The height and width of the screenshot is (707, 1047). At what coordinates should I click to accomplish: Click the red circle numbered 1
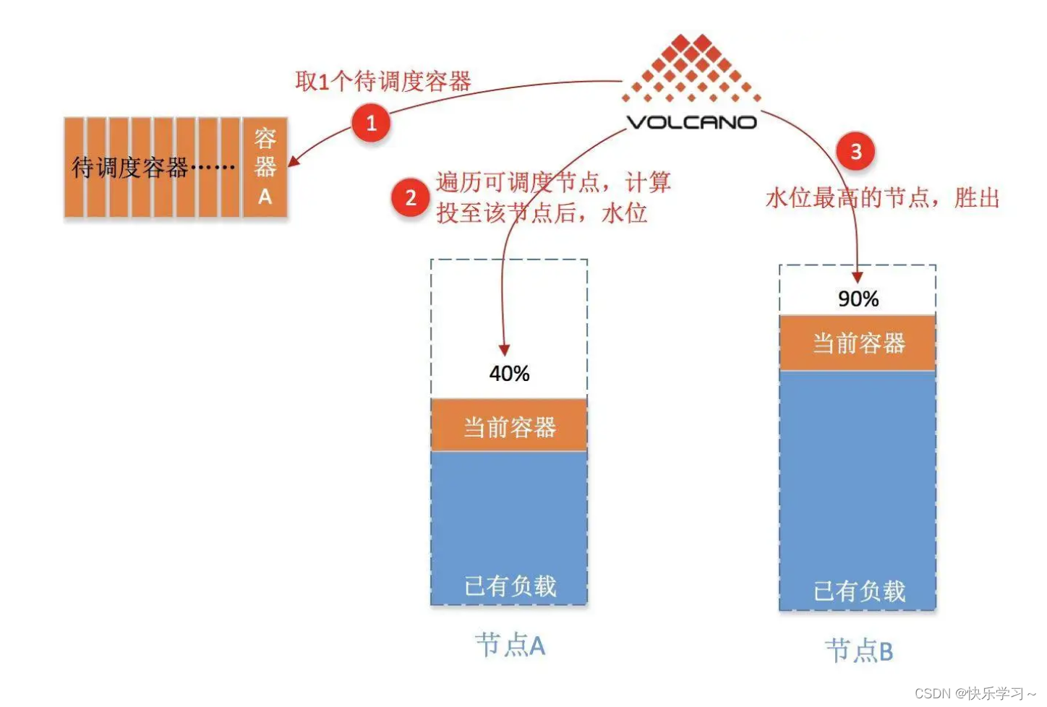click(371, 123)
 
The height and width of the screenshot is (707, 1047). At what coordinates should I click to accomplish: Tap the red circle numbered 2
click(411, 197)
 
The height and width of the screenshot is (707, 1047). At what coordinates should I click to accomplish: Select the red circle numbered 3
click(855, 152)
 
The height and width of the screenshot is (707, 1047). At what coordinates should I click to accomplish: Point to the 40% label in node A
click(509, 374)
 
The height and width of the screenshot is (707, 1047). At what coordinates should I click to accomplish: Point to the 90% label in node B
click(858, 299)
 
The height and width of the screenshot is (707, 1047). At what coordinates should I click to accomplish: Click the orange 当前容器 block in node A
click(509, 426)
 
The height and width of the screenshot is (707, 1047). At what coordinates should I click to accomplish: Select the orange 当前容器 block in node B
click(858, 343)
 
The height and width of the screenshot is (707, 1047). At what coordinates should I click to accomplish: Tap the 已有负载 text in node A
click(510, 586)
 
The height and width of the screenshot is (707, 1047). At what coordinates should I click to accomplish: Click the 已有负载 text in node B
click(859, 591)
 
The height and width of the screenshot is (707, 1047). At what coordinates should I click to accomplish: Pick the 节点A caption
click(510, 645)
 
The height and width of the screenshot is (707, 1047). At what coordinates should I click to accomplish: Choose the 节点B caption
click(859, 651)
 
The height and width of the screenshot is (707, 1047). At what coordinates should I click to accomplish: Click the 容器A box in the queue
click(265, 167)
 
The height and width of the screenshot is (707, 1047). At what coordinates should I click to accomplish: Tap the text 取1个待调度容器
click(383, 81)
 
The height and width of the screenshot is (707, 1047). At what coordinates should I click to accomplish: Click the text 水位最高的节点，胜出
click(882, 197)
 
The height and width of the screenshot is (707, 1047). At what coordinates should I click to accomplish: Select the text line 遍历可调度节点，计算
click(553, 182)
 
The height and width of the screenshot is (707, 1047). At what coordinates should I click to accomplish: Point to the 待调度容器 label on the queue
click(130, 168)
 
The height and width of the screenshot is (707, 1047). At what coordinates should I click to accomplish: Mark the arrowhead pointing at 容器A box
click(294, 160)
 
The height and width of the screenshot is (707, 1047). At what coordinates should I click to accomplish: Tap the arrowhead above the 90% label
click(858, 277)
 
